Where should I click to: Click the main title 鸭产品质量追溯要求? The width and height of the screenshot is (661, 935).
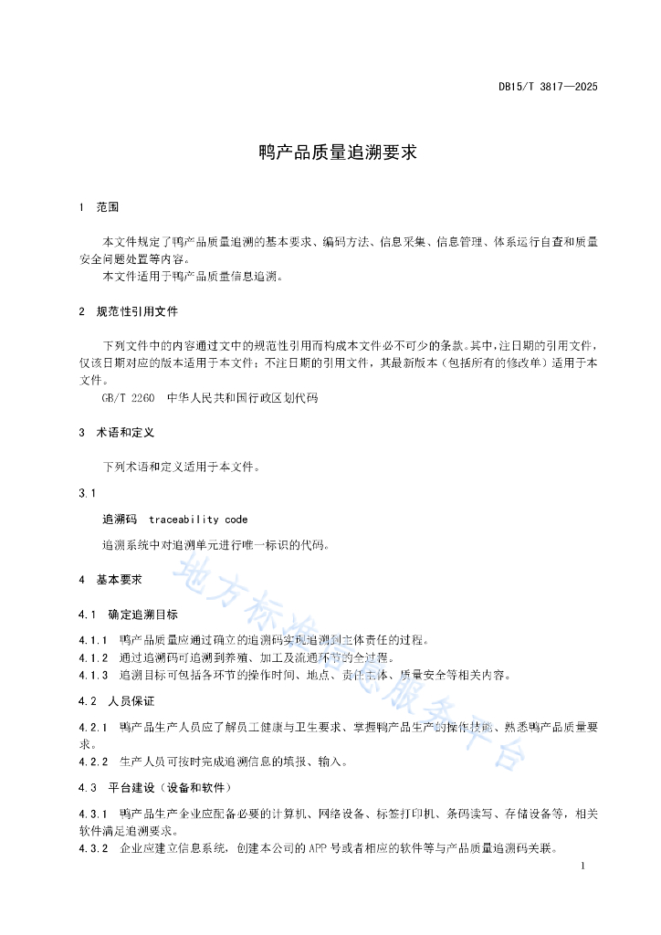pos(338,152)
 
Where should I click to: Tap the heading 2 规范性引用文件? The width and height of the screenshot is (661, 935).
pos(128,311)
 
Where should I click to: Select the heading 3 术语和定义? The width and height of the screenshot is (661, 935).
pos(116,432)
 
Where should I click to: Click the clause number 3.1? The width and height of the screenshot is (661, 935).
pos(88,493)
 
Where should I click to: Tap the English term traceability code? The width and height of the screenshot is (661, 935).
pos(198,520)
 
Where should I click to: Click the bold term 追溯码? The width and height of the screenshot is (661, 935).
pos(120,520)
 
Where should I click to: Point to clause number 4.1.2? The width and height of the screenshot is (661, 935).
pos(93,657)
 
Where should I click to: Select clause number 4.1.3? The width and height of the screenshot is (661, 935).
pos(93,676)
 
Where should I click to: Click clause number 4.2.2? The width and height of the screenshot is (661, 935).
pos(93,761)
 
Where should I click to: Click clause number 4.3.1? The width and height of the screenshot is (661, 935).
pos(93,813)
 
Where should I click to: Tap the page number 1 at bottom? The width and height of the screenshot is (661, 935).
pos(582,866)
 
